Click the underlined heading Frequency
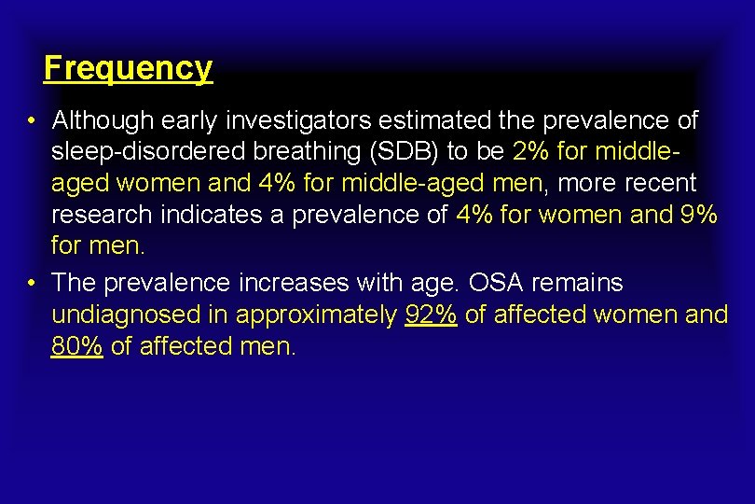point(128,68)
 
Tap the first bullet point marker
point(32,121)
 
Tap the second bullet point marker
point(32,283)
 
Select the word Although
point(103,121)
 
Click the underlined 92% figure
point(431,315)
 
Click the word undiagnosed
point(126,315)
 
